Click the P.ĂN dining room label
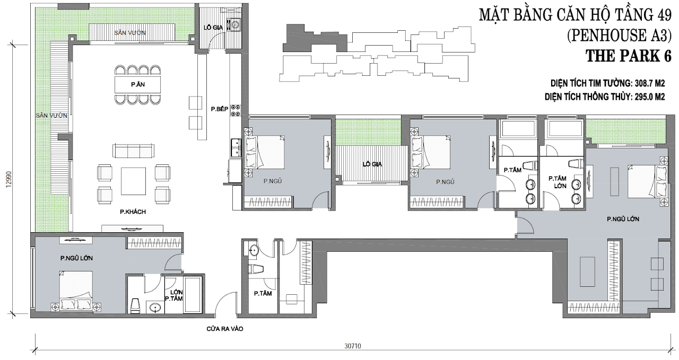pyautogui.click(x=138, y=84)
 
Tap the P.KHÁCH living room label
pyautogui.click(x=133, y=212)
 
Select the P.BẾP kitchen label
pyautogui.click(x=220, y=109)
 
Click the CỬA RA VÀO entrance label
pyautogui.click(x=225, y=329)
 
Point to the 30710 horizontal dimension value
pyautogui.click(x=353, y=346)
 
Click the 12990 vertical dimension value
pyautogui.click(x=9, y=180)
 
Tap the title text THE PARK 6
pyautogui.click(x=629, y=56)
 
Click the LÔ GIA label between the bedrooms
pyautogui.click(x=372, y=164)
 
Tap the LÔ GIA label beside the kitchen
pyautogui.click(x=213, y=28)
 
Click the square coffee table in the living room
pyautogui.click(x=133, y=181)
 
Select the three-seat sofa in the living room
pyautogui.click(x=133, y=151)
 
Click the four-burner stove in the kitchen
pyautogui.click(x=236, y=110)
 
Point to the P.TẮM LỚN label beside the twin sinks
pyautogui.click(x=557, y=182)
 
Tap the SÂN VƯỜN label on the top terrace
pyautogui.click(x=130, y=33)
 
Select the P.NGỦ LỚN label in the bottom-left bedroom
pyautogui.click(x=76, y=259)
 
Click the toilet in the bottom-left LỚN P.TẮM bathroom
pyautogui.click(x=135, y=306)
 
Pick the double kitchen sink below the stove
pyautogui.click(x=235, y=149)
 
